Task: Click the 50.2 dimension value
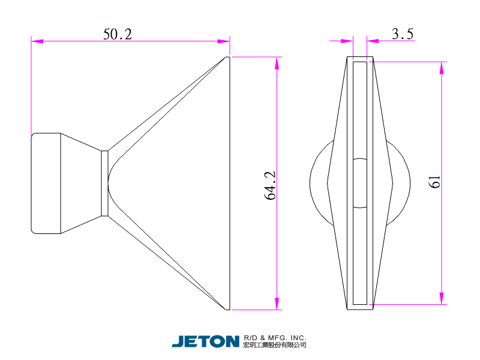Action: (x=118, y=34)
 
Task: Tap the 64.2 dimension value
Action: (x=270, y=185)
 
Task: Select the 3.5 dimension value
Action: (x=403, y=34)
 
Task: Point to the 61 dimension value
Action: (x=434, y=182)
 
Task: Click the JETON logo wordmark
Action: (x=205, y=341)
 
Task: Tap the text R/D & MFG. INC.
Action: (x=275, y=338)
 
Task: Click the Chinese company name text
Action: (x=275, y=345)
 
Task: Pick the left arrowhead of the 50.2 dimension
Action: (x=37, y=41)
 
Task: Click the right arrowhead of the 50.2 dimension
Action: (x=223, y=41)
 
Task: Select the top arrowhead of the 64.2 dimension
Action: (x=277, y=63)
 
